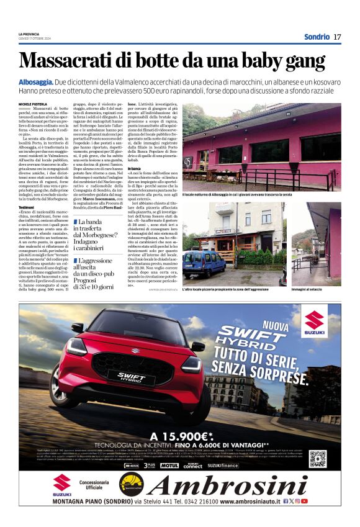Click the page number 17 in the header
337,37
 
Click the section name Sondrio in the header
317,37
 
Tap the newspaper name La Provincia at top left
29,34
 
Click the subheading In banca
134,168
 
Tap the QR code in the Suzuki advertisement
318,458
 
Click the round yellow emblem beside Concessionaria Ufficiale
131,484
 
